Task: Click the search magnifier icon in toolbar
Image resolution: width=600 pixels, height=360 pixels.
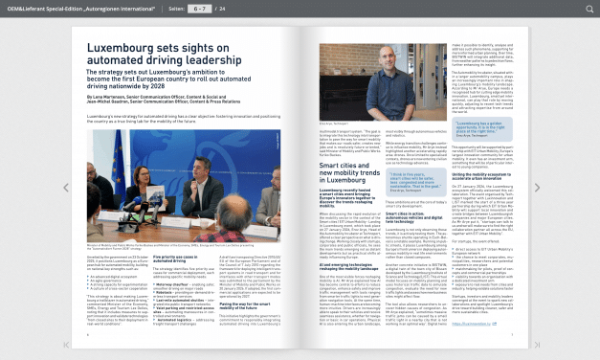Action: (589, 9)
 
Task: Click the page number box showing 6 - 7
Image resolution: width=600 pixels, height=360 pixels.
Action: (200, 9)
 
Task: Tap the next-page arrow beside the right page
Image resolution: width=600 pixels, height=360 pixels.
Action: (537, 188)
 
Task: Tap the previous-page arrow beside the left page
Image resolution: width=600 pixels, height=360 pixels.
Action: (65, 188)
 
